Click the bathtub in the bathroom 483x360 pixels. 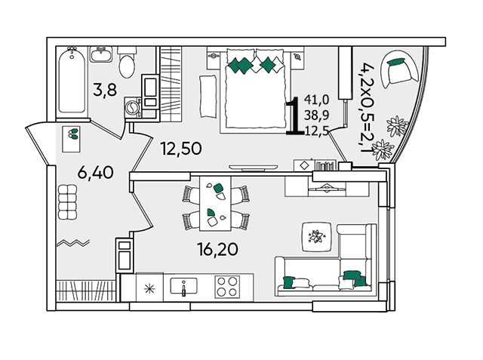coord(72,80)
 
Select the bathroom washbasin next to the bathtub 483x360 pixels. coord(101,54)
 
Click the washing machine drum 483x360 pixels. coord(131,107)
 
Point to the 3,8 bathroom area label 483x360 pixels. coord(105,91)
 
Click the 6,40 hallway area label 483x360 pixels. coord(96,173)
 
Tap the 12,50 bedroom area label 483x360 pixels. coord(181,149)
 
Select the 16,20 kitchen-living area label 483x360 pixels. coord(218,249)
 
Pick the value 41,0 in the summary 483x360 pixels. coord(317,100)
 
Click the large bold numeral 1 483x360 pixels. coord(295,115)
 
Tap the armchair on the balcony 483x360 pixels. coord(398,69)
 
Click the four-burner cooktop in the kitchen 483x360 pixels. coord(227,286)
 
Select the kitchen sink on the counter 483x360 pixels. coord(183,286)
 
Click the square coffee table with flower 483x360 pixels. coord(317,236)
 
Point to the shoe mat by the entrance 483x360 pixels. coord(71,139)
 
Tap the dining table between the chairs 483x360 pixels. coord(215,204)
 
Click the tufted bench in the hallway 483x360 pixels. coord(67,202)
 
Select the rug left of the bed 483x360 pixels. coord(208,97)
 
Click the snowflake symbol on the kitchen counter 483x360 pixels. coord(149,288)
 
